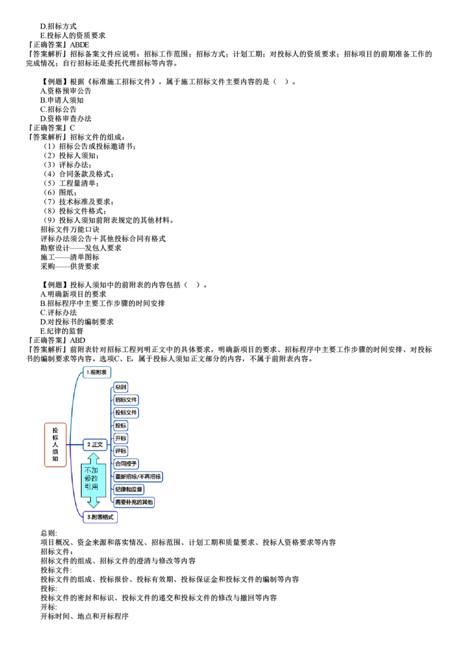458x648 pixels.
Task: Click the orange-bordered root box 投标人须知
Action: (x=56, y=445)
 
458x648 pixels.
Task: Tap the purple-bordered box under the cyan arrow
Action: (x=101, y=517)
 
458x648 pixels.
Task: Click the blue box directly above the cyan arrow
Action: (x=95, y=444)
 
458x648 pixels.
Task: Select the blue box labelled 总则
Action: (x=120, y=387)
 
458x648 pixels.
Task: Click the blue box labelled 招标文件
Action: (x=127, y=400)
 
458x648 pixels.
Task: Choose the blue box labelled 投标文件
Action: (x=127, y=412)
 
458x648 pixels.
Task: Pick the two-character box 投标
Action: (x=120, y=425)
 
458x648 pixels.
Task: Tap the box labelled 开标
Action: (x=120, y=438)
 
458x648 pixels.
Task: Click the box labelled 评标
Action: (x=120, y=451)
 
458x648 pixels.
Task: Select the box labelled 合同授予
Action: (x=127, y=463)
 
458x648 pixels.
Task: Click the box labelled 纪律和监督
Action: (x=129, y=489)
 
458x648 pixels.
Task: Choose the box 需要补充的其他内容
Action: (x=134, y=502)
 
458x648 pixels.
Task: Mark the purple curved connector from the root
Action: (x=74, y=492)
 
